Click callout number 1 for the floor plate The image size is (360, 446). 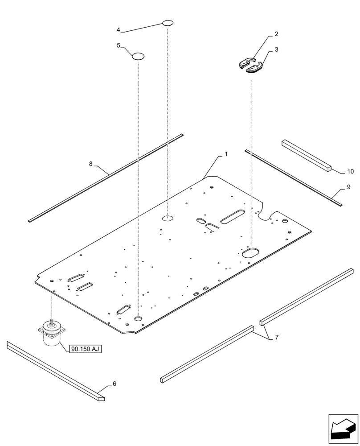click(226, 154)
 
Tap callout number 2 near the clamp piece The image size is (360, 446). click(276, 34)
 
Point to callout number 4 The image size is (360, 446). click(119, 30)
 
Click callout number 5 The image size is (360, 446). click(119, 45)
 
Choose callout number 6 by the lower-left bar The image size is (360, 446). click(115, 384)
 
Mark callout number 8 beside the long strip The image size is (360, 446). click(91, 164)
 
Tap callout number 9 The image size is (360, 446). click(348, 187)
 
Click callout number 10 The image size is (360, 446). click(350, 171)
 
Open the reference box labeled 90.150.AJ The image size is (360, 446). click(86, 349)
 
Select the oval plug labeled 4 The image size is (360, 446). click(168, 22)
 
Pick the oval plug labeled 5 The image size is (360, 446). click(138, 56)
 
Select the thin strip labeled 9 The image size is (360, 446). click(293, 178)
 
